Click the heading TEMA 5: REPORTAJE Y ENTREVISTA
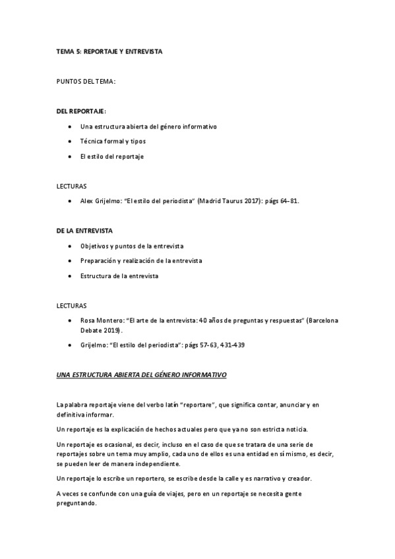click(x=109, y=51)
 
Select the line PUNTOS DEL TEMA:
click(x=86, y=82)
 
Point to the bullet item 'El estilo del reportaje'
click(x=111, y=156)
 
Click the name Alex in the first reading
click(x=86, y=200)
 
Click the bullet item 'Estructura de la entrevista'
click(x=119, y=276)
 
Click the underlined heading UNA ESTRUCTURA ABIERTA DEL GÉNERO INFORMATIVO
click(x=141, y=374)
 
